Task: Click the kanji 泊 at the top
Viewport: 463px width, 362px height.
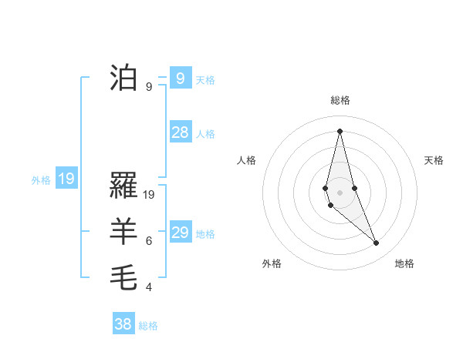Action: click(x=124, y=77)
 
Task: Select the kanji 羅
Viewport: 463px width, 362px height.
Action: click(x=124, y=186)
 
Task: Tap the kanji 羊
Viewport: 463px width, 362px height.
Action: click(x=124, y=231)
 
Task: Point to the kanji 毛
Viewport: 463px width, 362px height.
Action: click(x=124, y=277)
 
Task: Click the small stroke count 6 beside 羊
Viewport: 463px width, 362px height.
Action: click(x=149, y=241)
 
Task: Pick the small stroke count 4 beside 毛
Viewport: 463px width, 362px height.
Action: click(x=149, y=287)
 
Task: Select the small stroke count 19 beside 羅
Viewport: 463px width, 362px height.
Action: click(x=150, y=195)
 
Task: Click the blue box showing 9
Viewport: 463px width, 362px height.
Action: click(x=181, y=78)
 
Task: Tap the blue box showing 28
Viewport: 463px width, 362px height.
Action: click(x=181, y=132)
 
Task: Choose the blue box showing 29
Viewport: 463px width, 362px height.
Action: click(x=181, y=233)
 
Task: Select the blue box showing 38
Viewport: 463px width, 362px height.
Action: click(x=123, y=324)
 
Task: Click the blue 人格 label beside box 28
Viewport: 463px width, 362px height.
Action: click(x=205, y=134)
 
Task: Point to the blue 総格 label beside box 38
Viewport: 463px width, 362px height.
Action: click(x=148, y=326)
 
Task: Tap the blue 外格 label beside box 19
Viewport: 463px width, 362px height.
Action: click(x=41, y=181)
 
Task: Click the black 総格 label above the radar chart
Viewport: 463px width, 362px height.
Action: click(x=340, y=100)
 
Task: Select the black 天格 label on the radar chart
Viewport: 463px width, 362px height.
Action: click(x=434, y=160)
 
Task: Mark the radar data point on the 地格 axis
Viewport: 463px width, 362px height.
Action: click(x=377, y=243)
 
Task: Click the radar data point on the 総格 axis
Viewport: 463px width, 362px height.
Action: click(x=340, y=130)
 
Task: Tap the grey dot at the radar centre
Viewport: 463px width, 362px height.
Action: click(x=340, y=190)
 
